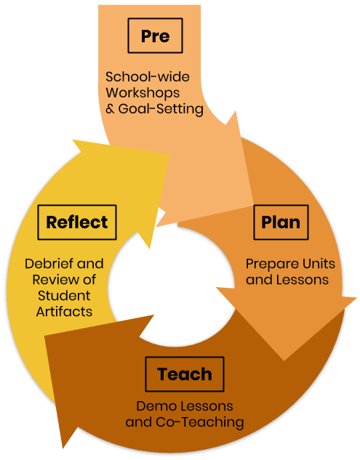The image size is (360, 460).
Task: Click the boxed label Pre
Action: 155,36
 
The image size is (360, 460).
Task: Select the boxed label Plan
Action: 281,222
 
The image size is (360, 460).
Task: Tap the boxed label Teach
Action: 185,374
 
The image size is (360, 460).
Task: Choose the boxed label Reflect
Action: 77,222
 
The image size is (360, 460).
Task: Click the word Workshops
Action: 143,93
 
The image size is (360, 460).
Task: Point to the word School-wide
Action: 148,77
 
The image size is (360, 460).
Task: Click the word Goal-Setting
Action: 161,109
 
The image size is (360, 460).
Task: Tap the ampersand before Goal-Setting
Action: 110,109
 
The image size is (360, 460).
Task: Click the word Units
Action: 319,264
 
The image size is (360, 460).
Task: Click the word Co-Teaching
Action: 200,422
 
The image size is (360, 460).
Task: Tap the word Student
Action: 64,296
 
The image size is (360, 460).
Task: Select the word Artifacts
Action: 64,312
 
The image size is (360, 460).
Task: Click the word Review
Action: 55,280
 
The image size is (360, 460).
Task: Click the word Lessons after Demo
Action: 207,406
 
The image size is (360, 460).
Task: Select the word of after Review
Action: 89,280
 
